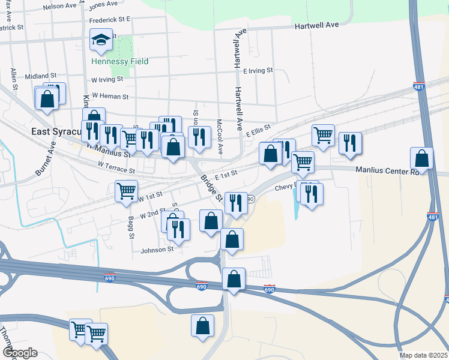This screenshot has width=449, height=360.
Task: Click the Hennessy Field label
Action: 120,61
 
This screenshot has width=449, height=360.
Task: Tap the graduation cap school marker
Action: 101,40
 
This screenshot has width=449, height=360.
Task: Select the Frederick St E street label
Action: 110,19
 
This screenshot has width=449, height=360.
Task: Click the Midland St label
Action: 40,76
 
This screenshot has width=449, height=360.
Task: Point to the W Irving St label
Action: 107,79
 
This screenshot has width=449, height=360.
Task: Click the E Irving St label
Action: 258,71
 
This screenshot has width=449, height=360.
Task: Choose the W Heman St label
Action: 109,96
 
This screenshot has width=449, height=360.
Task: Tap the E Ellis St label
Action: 258,128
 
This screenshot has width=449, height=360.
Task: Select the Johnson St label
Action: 158,249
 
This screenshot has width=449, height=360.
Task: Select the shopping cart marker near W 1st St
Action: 126,191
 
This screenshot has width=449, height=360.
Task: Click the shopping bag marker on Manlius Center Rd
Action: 422,159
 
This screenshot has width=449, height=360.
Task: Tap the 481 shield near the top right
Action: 419,87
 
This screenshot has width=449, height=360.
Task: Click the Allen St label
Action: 14,79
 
